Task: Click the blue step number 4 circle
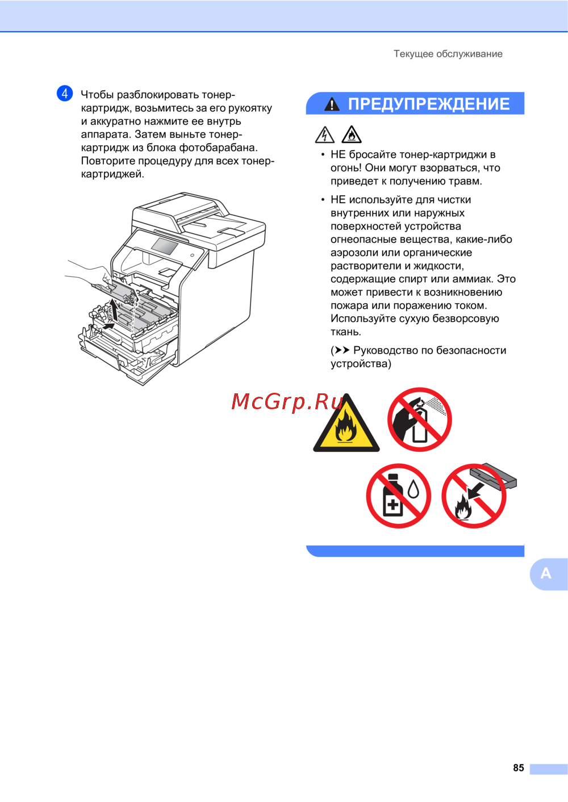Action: (x=65, y=94)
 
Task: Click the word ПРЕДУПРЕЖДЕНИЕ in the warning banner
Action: (x=429, y=104)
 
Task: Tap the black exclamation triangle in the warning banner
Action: (x=332, y=104)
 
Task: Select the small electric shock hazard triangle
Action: (x=325, y=135)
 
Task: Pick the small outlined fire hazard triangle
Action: (x=352, y=135)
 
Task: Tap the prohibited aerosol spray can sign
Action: (x=420, y=419)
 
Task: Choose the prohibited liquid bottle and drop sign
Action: (x=399, y=496)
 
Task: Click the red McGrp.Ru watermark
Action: (x=287, y=402)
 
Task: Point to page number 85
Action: (x=519, y=767)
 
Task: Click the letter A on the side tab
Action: (x=546, y=573)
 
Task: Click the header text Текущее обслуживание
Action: (x=448, y=54)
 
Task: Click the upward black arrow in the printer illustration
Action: (x=114, y=310)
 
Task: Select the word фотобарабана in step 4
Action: (x=219, y=148)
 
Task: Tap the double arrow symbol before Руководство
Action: (x=341, y=350)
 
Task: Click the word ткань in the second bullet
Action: (x=346, y=332)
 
